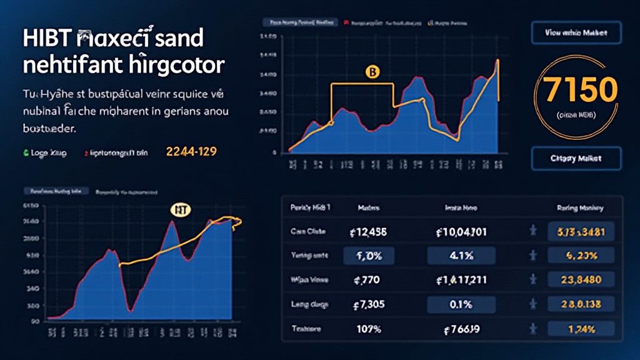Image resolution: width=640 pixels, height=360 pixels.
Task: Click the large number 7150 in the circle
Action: click(581, 91)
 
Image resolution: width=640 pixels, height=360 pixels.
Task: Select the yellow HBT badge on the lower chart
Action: click(179, 211)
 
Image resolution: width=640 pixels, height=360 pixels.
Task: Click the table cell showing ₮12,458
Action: click(367, 232)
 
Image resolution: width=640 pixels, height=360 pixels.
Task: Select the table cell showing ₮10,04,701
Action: click(461, 232)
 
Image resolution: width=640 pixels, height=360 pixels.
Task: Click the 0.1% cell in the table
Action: click(461, 304)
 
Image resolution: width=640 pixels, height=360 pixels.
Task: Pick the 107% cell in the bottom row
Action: click(367, 329)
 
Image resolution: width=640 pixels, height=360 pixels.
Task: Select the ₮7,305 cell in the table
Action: click(367, 304)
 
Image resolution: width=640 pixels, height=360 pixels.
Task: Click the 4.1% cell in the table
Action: click(461, 256)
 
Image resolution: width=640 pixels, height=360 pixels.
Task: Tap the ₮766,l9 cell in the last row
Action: click(461, 329)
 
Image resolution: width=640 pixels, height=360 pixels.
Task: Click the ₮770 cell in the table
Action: click(367, 280)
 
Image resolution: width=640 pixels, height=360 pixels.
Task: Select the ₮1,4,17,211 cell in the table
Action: click(461, 280)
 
